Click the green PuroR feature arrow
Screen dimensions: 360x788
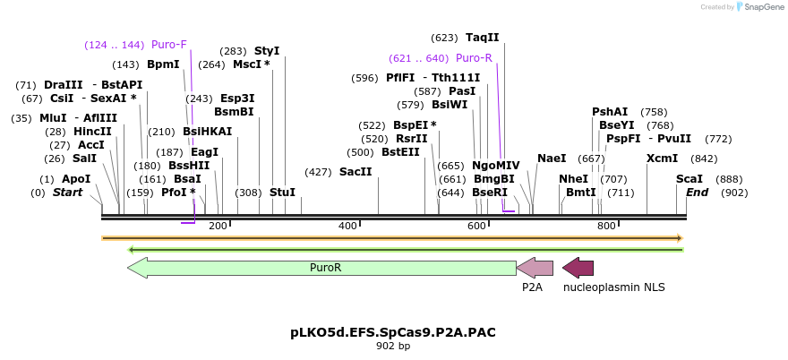[322, 267]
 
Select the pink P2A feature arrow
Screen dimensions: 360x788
[535, 267]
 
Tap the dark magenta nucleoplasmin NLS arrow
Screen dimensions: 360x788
[578, 267]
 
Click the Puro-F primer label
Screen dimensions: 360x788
[168, 45]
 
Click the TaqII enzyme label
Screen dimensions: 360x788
[482, 38]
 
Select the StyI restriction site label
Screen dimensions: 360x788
[267, 51]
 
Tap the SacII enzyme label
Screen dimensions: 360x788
[355, 172]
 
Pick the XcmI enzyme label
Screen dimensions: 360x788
[663, 159]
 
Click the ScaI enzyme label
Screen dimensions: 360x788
[689, 179]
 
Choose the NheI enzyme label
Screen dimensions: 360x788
[573, 179]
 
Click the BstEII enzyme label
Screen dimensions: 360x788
[400, 152]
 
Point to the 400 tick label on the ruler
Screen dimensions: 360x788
[347, 226]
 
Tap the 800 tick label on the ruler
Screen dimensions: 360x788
[606, 226]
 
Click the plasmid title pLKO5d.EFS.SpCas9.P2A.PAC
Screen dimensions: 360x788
[393, 332]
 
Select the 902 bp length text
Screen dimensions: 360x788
[393, 347]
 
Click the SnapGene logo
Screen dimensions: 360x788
[757, 7]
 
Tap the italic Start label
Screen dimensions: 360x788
[67, 193]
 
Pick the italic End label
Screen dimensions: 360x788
[698, 193]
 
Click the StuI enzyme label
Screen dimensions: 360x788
[282, 193]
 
